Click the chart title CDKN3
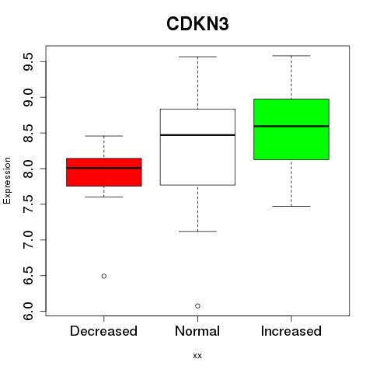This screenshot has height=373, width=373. pyautogui.click(x=197, y=24)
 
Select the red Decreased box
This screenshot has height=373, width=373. pyautogui.click(x=104, y=173)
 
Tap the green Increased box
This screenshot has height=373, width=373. pyautogui.click(x=291, y=129)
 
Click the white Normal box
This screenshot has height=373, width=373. pyautogui.click(x=197, y=147)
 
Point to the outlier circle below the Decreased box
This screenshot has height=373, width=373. pyautogui.click(x=104, y=276)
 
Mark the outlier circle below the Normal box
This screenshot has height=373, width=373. pyautogui.click(x=197, y=306)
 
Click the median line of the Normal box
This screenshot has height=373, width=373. pyautogui.click(x=197, y=135)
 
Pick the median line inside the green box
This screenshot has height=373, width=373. pyautogui.click(x=291, y=127)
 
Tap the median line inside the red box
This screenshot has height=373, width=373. pyautogui.click(x=104, y=168)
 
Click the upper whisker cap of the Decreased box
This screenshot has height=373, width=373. pyautogui.click(x=104, y=136)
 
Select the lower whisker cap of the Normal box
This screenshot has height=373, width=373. pyautogui.click(x=197, y=231)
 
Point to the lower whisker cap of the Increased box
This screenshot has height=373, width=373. pyautogui.click(x=291, y=206)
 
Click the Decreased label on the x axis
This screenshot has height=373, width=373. pyautogui.click(x=103, y=331)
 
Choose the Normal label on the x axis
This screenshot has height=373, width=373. pyautogui.click(x=197, y=331)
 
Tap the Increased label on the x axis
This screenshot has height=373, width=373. pyautogui.click(x=291, y=331)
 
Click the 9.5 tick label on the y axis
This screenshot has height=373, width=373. pyautogui.click(x=28, y=61)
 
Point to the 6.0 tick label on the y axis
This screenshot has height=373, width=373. pyautogui.click(x=28, y=311)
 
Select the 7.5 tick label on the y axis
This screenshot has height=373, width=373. pyautogui.click(x=28, y=204)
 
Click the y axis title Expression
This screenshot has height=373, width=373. pyautogui.click(x=7, y=180)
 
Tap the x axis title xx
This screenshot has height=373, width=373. pyautogui.click(x=197, y=356)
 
